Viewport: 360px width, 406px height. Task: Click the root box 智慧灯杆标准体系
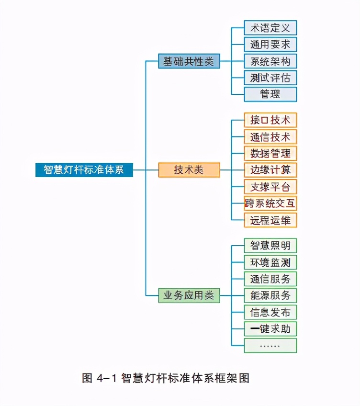pyautogui.click(x=84, y=170)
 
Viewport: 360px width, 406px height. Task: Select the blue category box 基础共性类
pyautogui.click(x=189, y=61)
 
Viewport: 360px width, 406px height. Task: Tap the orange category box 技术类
pyautogui.click(x=189, y=170)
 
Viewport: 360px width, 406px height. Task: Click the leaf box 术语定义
pyautogui.click(x=270, y=28)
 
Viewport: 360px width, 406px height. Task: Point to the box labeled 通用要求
pyautogui.click(x=270, y=45)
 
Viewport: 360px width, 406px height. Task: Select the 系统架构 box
pyautogui.click(x=270, y=61)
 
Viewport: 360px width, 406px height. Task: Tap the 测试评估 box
pyautogui.click(x=270, y=78)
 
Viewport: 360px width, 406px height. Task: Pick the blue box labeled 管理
pyautogui.click(x=270, y=94)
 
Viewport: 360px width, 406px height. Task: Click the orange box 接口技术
pyautogui.click(x=270, y=120)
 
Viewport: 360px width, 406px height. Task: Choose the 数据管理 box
pyautogui.click(x=270, y=153)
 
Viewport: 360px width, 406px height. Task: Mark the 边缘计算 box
pyautogui.click(x=270, y=170)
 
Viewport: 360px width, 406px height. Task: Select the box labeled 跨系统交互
pyautogui.click(x=270, y=203)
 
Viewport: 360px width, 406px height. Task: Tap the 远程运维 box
pyautogui.click(x=270, y=220)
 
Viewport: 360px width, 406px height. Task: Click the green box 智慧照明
pyautogui.click(x=270, y=246)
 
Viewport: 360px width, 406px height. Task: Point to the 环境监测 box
pyautogui.click(x=270, y=262)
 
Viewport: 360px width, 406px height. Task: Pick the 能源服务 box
pyautogui.click(x=270, y=295)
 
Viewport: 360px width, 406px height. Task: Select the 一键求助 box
pyautogui.click(x=270, y=329)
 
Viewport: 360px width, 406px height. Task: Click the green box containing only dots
pyautogui.click(x=270, y=345)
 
